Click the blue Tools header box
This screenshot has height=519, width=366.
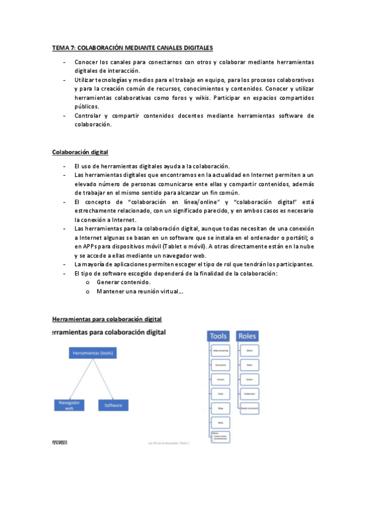pos(219,336)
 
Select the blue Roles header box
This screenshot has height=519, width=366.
pos(247,336)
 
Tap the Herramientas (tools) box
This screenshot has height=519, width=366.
pos(93,354)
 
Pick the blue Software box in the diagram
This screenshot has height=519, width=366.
pos(113,405)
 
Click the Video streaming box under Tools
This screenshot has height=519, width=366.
pos(220,351)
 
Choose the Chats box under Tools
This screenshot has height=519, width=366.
pos(220,394)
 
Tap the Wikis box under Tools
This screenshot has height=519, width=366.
pos(220,422)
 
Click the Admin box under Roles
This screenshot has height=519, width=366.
pos(249,351)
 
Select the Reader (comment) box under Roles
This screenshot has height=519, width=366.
pos(249,408)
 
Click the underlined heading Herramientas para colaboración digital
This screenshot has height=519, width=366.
pos(107,319)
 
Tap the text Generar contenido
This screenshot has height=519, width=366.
pos(123,282)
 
